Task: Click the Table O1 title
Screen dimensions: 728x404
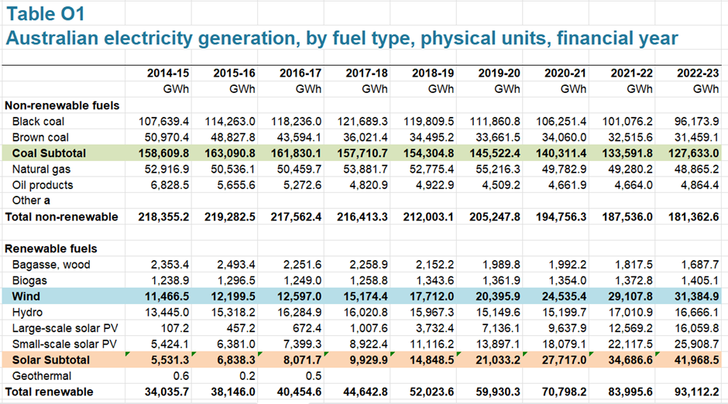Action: [x=46, y=14]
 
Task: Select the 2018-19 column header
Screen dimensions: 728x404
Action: [x=433, y=74]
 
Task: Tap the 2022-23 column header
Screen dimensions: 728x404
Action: [x=697, y=74]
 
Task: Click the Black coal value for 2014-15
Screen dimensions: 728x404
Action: [x=163, y=122]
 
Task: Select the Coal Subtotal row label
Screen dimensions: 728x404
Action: [x=49, y=153]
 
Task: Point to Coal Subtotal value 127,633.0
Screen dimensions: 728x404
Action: [x=694, y=153]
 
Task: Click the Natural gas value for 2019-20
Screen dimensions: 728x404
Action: [x=495, y=169]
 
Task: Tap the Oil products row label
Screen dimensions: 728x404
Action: [x=43, y=185]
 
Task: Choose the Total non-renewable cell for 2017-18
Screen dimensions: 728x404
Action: [x=362, y=217]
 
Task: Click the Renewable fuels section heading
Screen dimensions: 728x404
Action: [x=51, y=248]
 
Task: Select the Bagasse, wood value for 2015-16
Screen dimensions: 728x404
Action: [x=236, y=265]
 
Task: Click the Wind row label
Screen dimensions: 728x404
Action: [x=26, y=296]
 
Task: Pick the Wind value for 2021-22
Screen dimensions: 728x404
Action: [x=630, y=296]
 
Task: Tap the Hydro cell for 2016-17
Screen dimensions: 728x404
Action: [x=300, y=312]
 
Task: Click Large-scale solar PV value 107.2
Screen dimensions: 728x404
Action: [x=174, y=328]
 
